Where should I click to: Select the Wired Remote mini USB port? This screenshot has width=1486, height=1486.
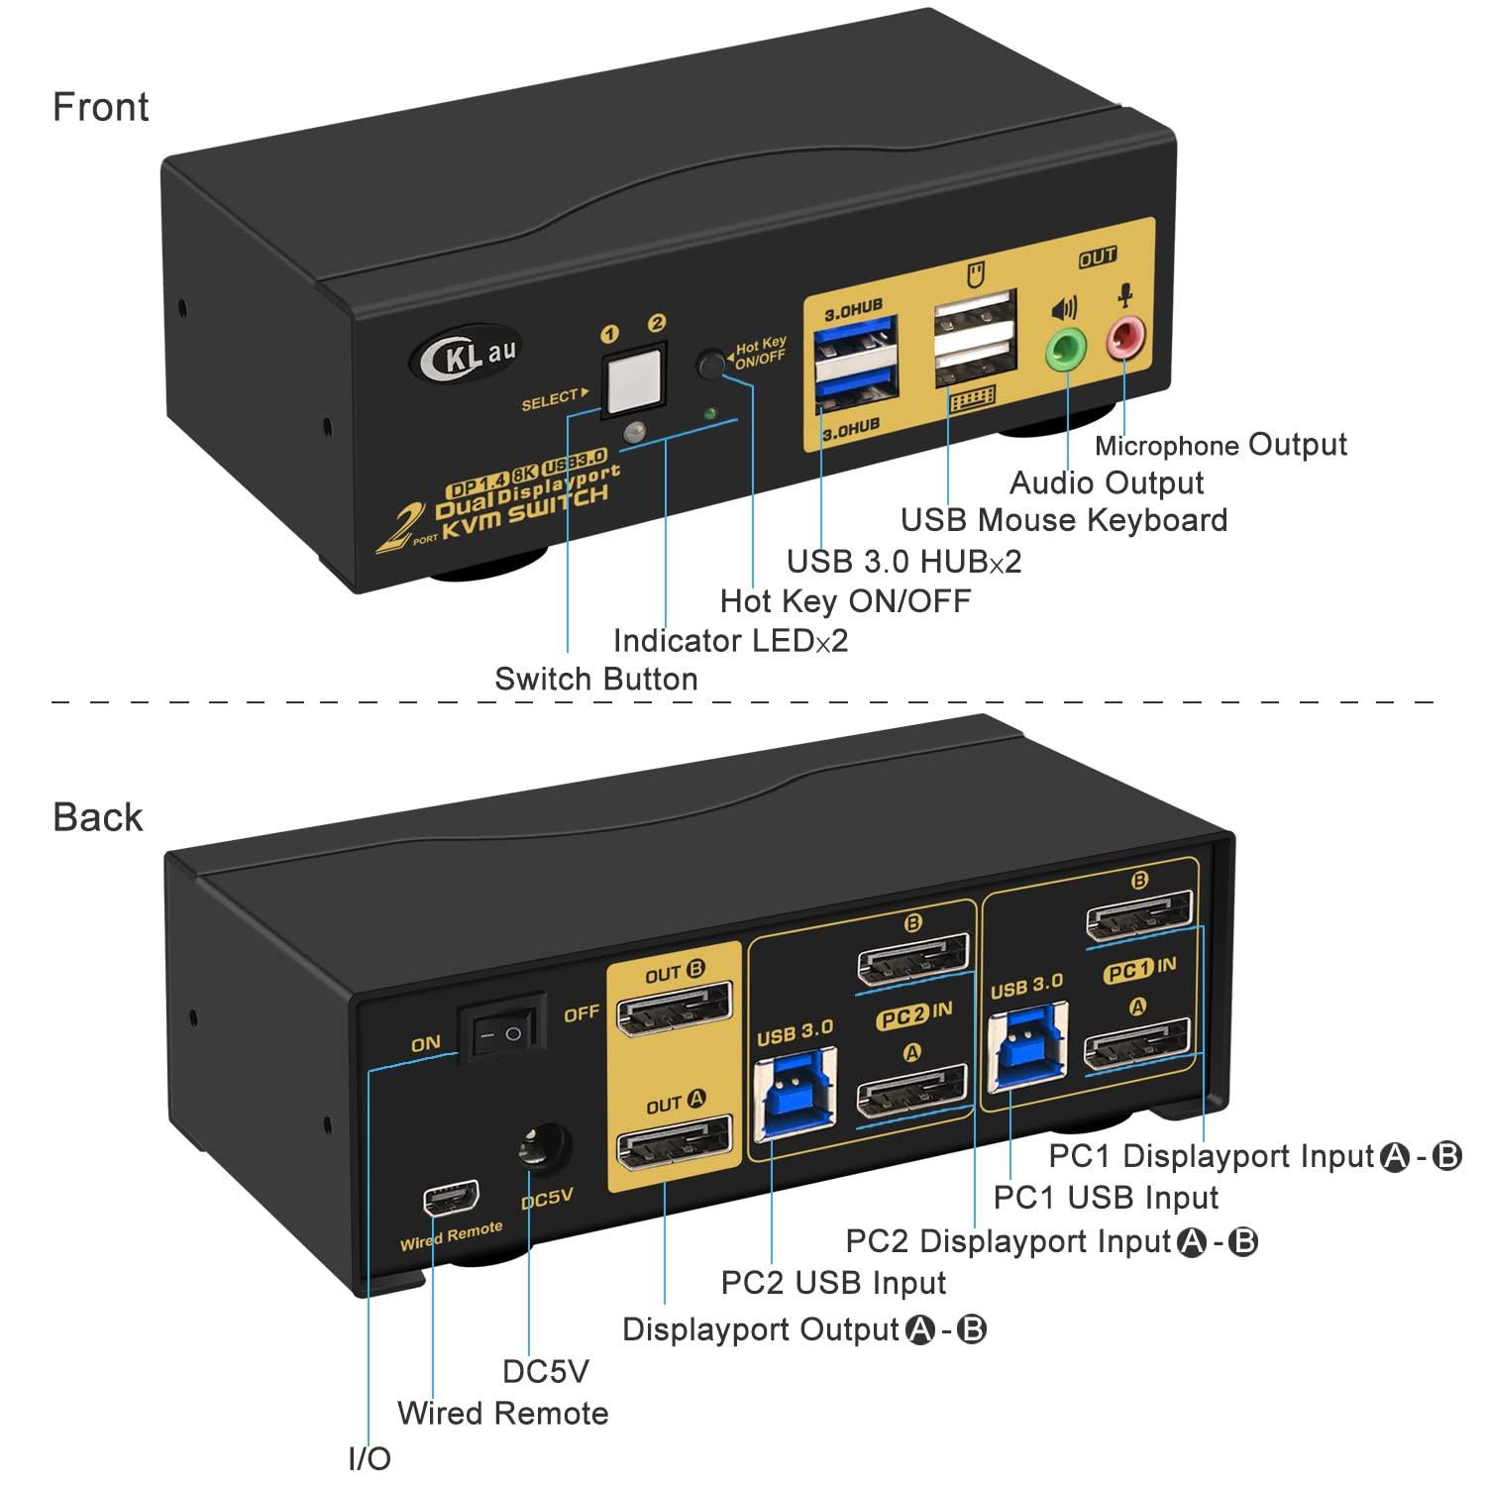click(x=451, y=1201)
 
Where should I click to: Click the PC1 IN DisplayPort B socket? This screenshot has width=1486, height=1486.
click(x=1139, y=917)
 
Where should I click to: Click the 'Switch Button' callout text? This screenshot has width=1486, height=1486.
click(x=596, y=680)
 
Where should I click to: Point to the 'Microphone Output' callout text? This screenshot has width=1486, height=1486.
click(x=1221, y=446)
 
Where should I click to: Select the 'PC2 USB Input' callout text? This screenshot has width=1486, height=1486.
click(x=833, y=1283)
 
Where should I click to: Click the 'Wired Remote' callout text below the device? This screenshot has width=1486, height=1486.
click(x=503, y=1413)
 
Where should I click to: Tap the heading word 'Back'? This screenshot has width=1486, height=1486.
click(x=98, y=818)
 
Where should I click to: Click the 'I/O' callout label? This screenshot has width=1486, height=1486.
click(x=371, y=1459)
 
